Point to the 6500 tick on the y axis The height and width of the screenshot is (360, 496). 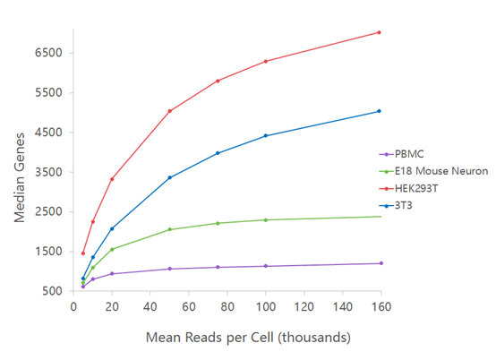click(x=47, y=53)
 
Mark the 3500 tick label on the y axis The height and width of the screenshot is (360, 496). click(x=47, y=172)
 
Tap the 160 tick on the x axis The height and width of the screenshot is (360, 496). click(x=381, y=305)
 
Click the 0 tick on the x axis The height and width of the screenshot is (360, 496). click(x=73, y=305)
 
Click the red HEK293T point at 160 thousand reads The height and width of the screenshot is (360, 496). click(x=380, y=32)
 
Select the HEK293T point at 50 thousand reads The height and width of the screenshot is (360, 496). click(x=169, y=111)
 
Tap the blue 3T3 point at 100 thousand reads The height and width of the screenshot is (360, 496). click(x=266, y=135)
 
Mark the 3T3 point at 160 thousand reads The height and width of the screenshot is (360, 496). click(x=380, y=111)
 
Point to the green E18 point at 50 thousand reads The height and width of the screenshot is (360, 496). click(x=169, y=229)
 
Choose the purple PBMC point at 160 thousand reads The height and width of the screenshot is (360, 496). click(x=381, y=263)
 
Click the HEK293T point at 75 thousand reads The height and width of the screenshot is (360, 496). click(x=218, y=81)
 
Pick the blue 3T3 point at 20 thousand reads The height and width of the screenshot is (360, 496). click(x=112, y=228)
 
